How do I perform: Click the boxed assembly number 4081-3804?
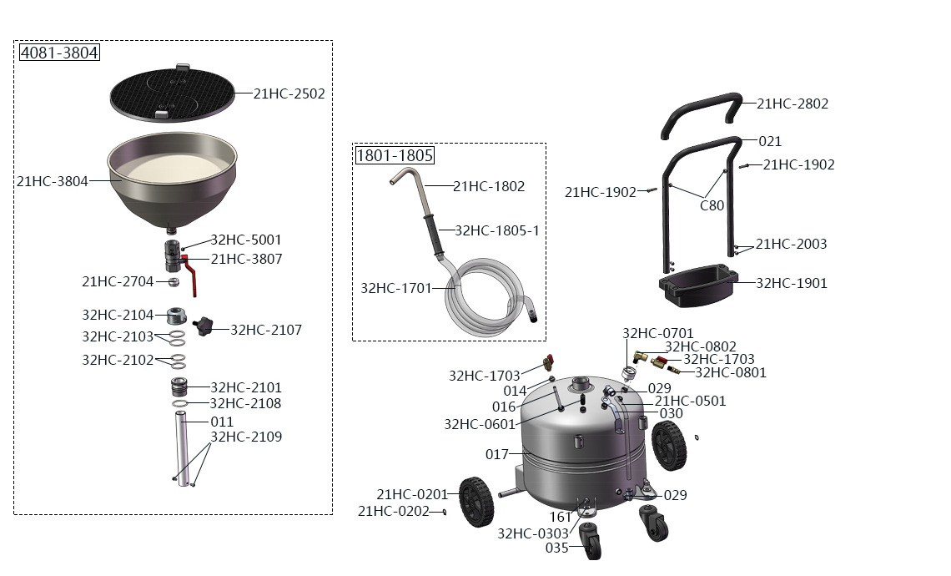point(59,53)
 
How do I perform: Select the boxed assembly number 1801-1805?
point(395,155)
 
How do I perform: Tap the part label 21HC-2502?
point(289,93)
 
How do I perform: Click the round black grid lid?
point(172,93)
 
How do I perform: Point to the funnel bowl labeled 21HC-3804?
point(172,182)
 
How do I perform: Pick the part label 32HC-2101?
point(246,387)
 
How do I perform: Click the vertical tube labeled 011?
point(182,447)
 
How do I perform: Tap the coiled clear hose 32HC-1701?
point(486,297)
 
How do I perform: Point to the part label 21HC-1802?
point(489,186)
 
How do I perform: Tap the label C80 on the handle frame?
point(712,205)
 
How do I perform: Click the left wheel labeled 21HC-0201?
point(476,502)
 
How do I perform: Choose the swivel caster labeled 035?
point(590,540)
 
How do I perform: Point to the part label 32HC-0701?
point(658,333)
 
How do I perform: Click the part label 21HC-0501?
point(690,401)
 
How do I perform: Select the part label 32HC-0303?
point(533,533)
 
